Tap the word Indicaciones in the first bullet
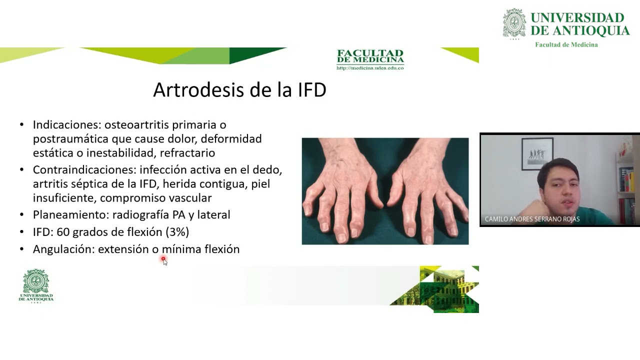[x=66, y=124]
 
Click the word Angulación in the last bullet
[x=63, y=249]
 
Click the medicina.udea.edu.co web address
[x=370, y=68]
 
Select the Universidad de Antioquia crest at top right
[x=514, y=23]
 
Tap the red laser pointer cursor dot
[x=163, y=259]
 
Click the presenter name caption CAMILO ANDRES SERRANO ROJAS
[x=532, y=219]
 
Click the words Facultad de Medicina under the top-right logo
[x=566, y=44]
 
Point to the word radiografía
[x=141, y=215]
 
